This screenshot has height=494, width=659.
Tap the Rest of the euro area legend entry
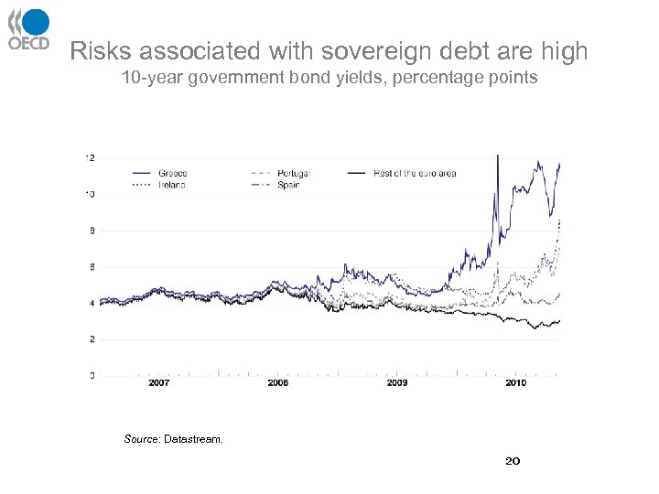[x=414, y=173]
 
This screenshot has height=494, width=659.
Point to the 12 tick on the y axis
[x=90, y=157]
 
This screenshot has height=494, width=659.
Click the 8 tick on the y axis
[x=92, y=231]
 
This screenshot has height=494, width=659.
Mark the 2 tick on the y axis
[x=92, y=339]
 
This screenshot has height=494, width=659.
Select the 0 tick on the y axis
[x=92, y=375]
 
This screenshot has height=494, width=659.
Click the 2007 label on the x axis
[x=158, y=383]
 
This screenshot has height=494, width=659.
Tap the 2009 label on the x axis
[x=397, y=383]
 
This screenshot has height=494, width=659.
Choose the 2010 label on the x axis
[x=516, y=383]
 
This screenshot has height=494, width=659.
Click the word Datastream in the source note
[x=193, y=440]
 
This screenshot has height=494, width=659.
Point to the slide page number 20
[x=513, y=461]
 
